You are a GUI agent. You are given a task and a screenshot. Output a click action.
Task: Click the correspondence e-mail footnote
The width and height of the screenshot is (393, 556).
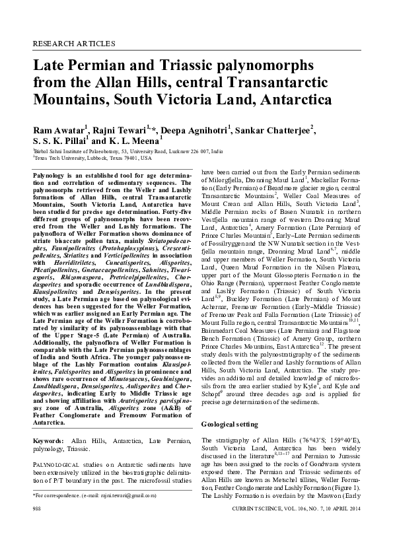tap(100, 494)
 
